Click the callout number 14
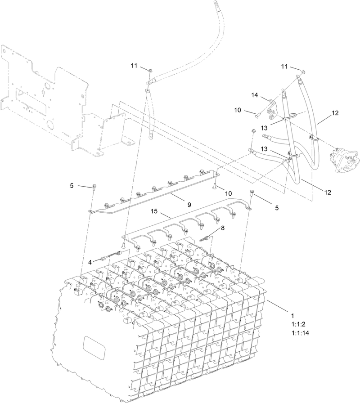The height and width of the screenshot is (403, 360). tap(255, 95)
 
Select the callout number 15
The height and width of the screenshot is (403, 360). tap(154, 211)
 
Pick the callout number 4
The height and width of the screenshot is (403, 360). tap(90, 261)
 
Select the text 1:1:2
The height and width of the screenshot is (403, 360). tap(299, 324)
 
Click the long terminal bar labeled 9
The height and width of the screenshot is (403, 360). tap(148, 195)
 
